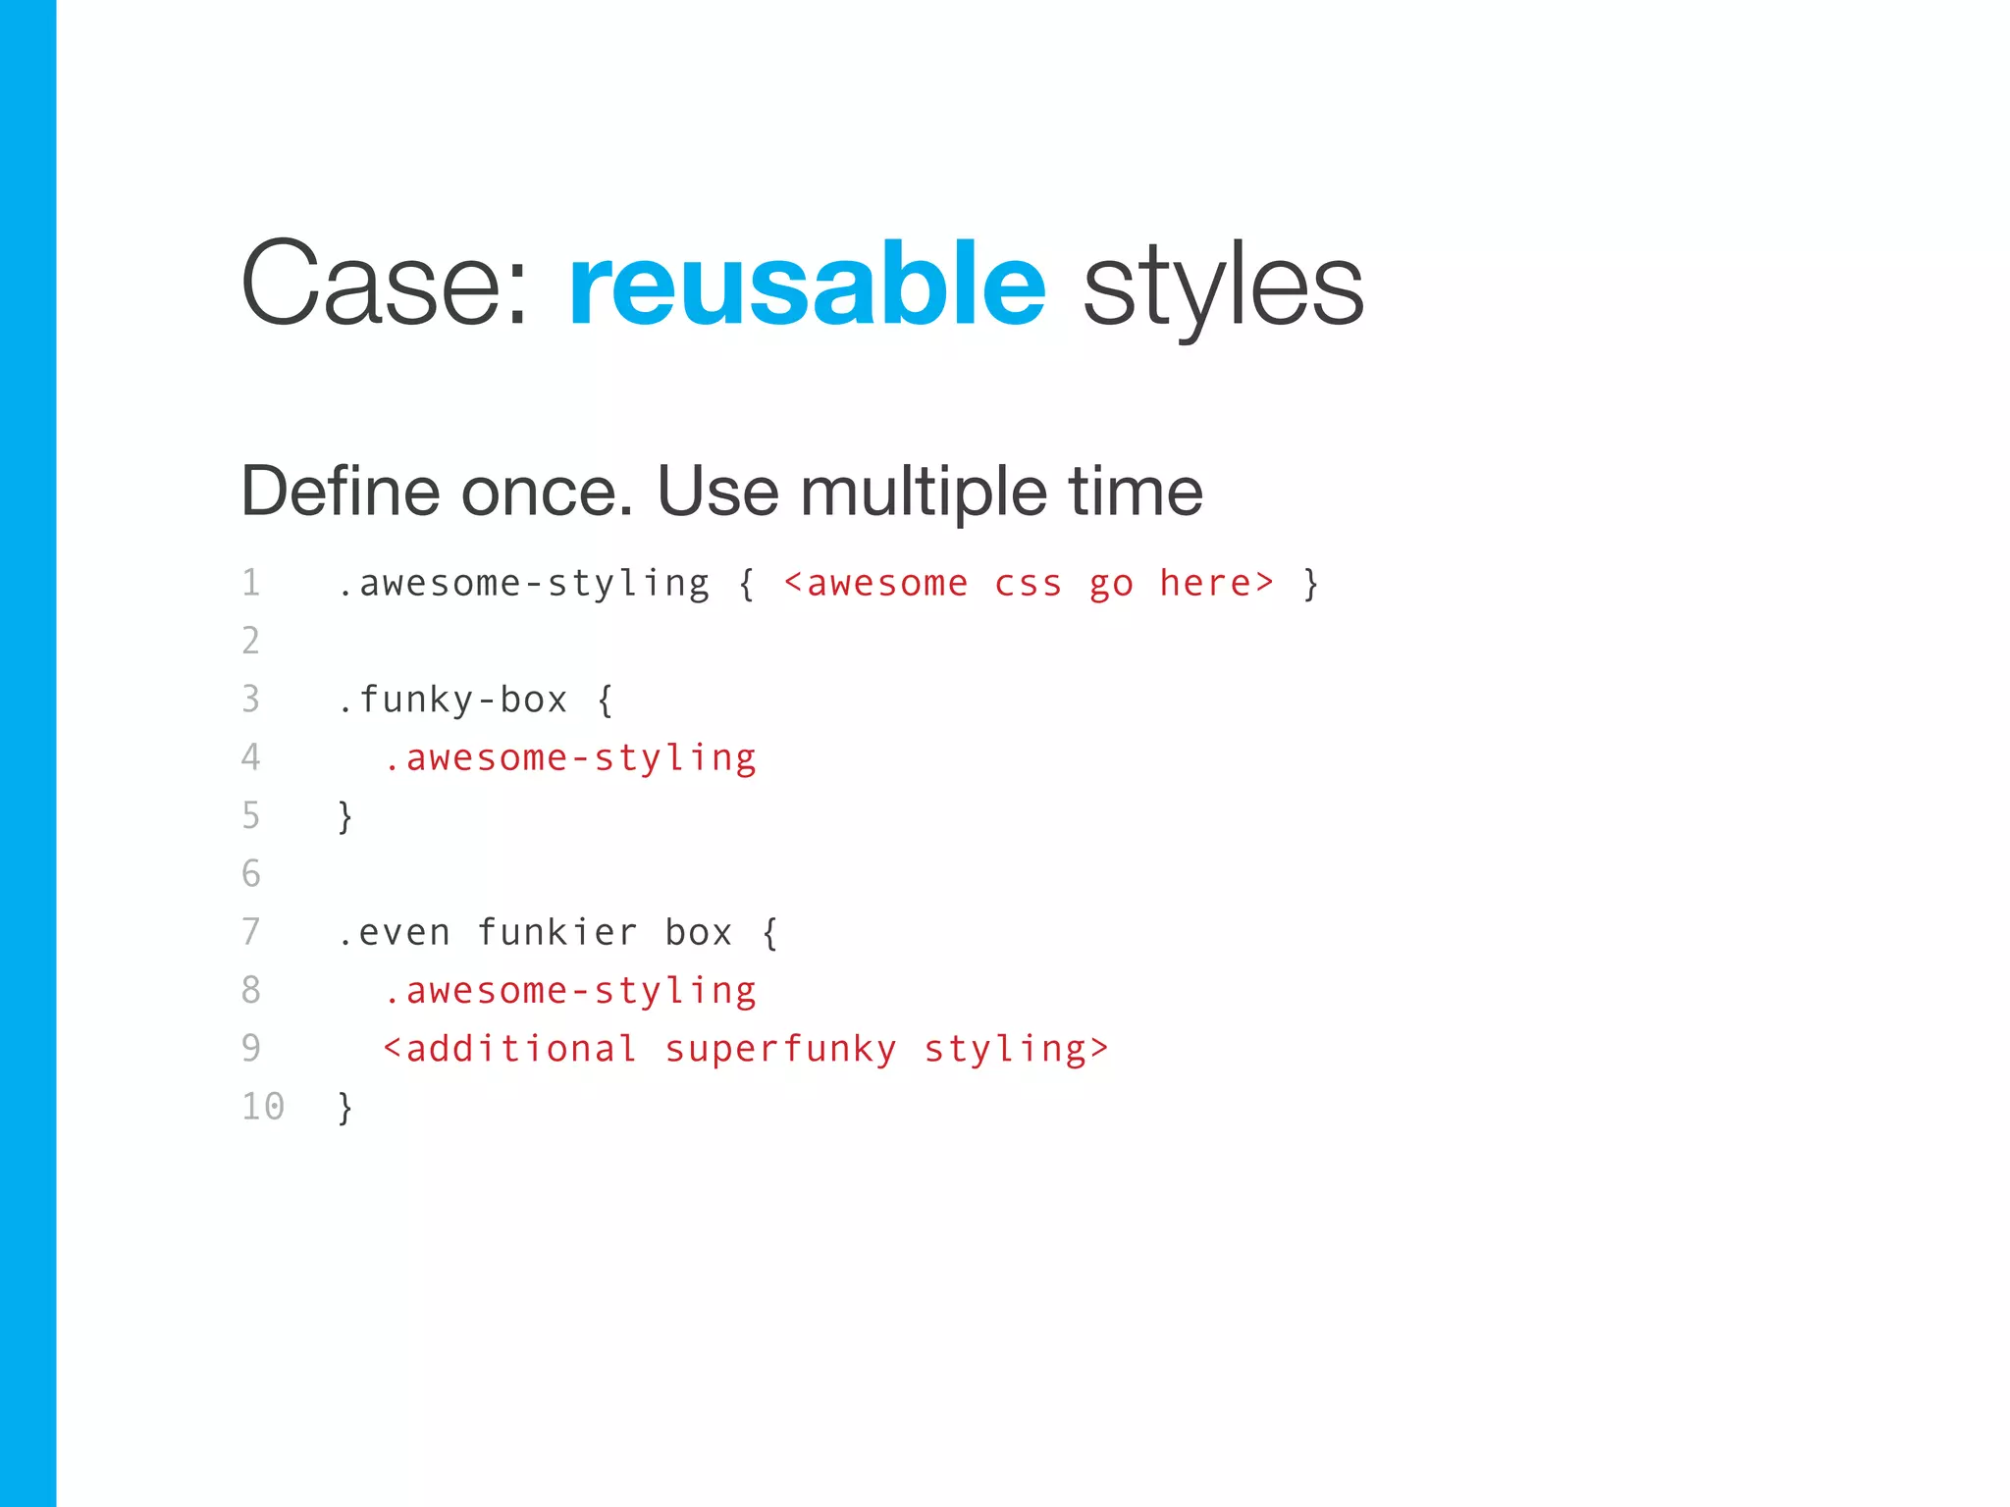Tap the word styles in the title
tap(1223, 286)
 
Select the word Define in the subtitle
tap(341, 491)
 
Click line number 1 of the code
tap(251, 583)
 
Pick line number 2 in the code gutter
tap(251, 641)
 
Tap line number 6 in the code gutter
tap(251, 873)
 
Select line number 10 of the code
tap(263, 1107)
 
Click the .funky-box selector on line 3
tap(452, 700)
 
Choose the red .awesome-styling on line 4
tap(570, 758)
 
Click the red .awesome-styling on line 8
tap(570, 991)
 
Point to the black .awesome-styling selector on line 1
tap(523, 584)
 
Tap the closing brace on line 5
tap(344, 816)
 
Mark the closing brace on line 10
tap(344, 1108)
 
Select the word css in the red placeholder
tap(1028, 584)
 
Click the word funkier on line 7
tap(557, 932)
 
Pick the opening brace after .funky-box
tap(605, 701)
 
